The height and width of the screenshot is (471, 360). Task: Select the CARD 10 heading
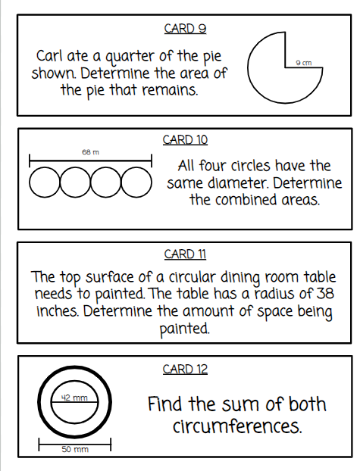[x=185, y=140]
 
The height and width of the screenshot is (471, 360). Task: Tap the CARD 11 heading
[x=185, y=254]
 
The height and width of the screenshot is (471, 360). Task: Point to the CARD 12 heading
[x=185, y=370]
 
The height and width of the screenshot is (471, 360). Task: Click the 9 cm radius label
[x=304, y=62]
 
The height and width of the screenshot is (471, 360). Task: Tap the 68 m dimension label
[x=90, y=152]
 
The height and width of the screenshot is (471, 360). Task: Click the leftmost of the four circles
[x=45, y=182]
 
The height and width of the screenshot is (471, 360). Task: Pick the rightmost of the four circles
[x=136, y=182]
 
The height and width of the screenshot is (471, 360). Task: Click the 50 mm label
[x=75, y=450]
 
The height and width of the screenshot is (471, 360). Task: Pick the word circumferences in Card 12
[x=236, y=426]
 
